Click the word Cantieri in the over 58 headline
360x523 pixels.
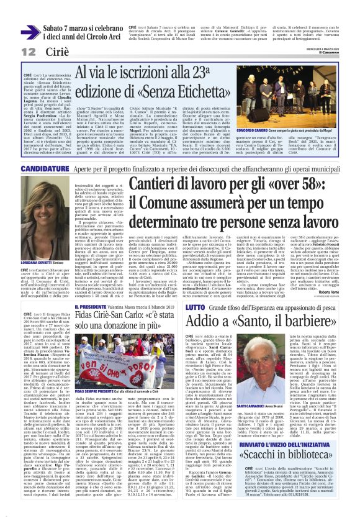point(176,184)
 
